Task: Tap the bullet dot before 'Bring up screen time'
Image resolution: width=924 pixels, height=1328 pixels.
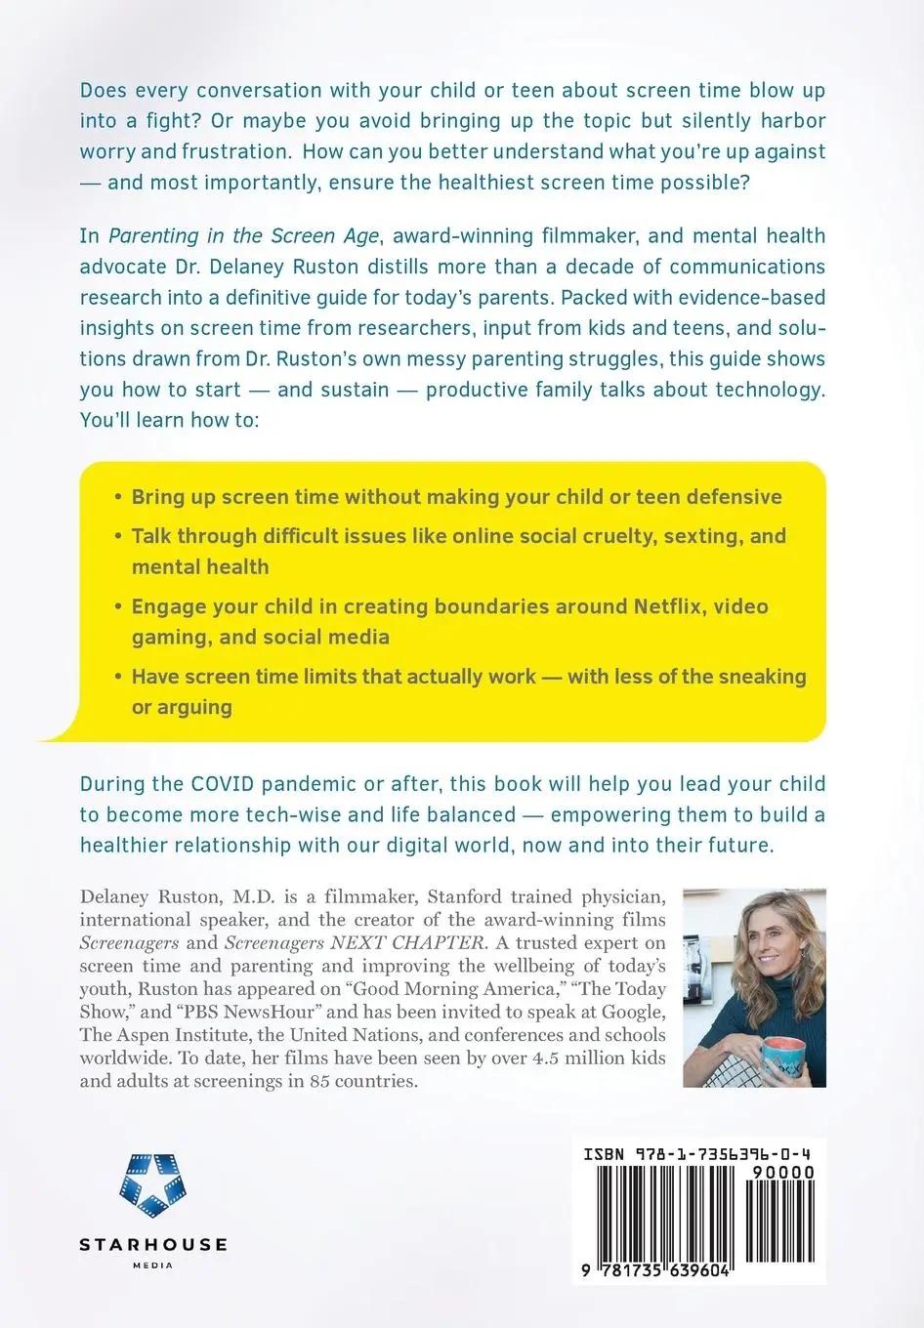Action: pyautogui.click(x=117, y=496)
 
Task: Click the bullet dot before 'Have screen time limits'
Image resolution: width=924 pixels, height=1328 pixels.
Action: pyautogui.click(x=117, y=677)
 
